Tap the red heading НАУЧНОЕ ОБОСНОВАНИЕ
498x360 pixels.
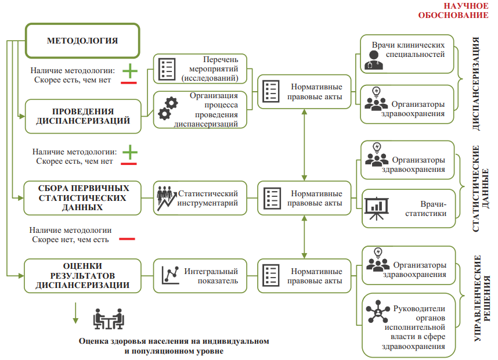point(453,10)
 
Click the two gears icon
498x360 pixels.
point(168,109)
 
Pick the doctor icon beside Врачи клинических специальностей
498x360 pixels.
point(374,60)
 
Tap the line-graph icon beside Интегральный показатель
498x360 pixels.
point(170,275)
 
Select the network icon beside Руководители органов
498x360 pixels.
point(378,312)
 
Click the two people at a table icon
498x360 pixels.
point(109,319)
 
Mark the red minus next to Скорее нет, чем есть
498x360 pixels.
point(127,239)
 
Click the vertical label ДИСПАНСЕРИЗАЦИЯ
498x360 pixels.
point(476,84)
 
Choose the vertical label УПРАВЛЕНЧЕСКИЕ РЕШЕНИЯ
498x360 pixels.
point(482,298)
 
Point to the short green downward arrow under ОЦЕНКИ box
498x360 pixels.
point(75,313)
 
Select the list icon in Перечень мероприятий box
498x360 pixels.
point(167,69)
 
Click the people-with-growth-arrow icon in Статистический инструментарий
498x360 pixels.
point(167,198)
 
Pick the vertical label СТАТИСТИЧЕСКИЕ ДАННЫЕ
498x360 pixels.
point(480,189)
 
